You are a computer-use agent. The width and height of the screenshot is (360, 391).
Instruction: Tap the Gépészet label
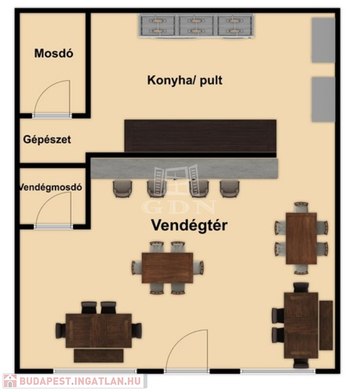pos(47,139)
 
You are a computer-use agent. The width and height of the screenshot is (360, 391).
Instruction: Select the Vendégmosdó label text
pos(50,187)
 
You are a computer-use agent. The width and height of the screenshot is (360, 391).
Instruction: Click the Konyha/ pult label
pos(185,80)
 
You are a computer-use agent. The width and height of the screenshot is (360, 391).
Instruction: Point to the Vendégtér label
pos(189,225)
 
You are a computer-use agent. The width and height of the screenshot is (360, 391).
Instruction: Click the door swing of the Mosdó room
pos(52,99)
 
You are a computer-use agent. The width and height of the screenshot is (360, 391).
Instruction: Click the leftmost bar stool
pos(122,188)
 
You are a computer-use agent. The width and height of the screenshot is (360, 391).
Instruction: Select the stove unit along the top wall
pos(196,25)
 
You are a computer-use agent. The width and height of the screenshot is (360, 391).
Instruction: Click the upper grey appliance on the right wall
pos(323,40)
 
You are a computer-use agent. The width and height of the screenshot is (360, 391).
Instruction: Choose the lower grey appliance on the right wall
pos(323,99)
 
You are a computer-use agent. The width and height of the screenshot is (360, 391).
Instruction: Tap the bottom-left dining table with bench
pos(99,330)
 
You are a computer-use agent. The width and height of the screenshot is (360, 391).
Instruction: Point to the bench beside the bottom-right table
pos(326,325)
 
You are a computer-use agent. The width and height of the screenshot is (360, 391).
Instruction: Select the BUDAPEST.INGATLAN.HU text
pos(81,381)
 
